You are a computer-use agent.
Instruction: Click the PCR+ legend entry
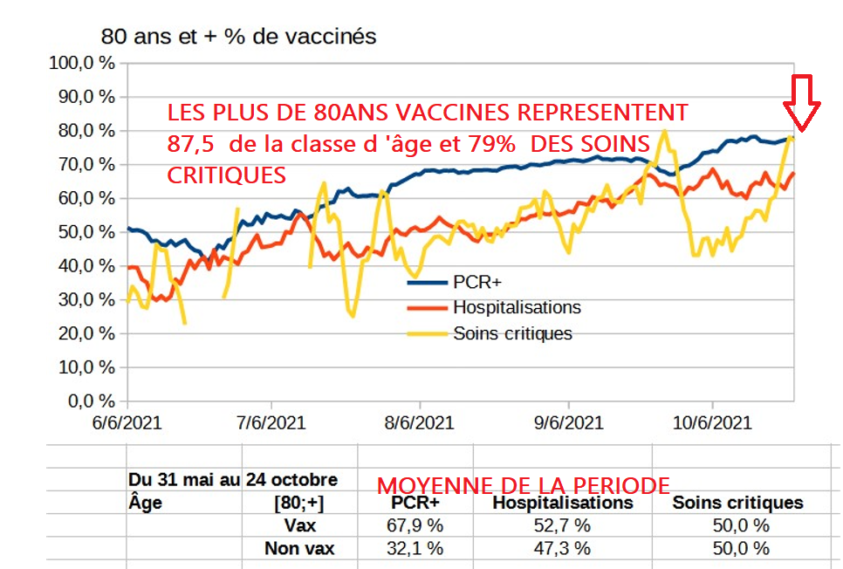click(477, 282)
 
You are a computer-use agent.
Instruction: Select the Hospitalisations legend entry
click(516, 307)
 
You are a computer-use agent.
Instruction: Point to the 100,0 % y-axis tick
click(83, 63)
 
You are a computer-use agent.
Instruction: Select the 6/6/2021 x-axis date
click(127, 424)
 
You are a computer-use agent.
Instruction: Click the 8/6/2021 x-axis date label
click(419, 424)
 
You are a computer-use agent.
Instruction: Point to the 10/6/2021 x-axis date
click(713, 424)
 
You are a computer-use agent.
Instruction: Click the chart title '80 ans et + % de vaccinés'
click(238, 37)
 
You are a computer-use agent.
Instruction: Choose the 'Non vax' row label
click(299, 548)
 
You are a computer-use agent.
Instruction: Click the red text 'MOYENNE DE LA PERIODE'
click(523, 486)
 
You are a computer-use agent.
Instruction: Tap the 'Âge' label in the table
click(145, 503)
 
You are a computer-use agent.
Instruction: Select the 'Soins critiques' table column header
click(737, 503)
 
